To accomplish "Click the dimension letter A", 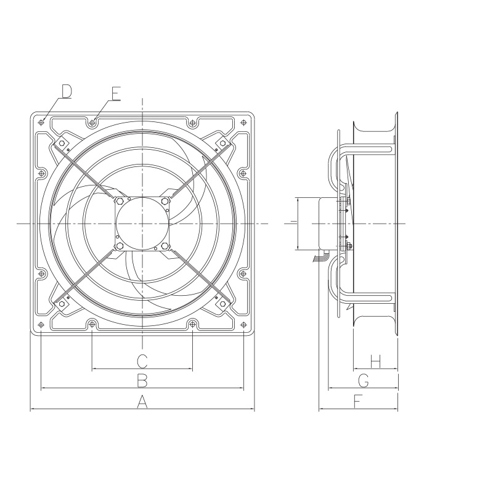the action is [142, 402].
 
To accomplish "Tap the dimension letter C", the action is [142, 361].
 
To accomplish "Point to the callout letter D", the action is [67, 91].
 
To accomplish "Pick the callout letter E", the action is [115, 94].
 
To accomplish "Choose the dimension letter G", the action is [364, 381].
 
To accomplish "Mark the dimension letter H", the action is [376, 361].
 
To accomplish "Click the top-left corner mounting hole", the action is [41, 121].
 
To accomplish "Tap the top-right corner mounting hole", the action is [243, 121].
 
